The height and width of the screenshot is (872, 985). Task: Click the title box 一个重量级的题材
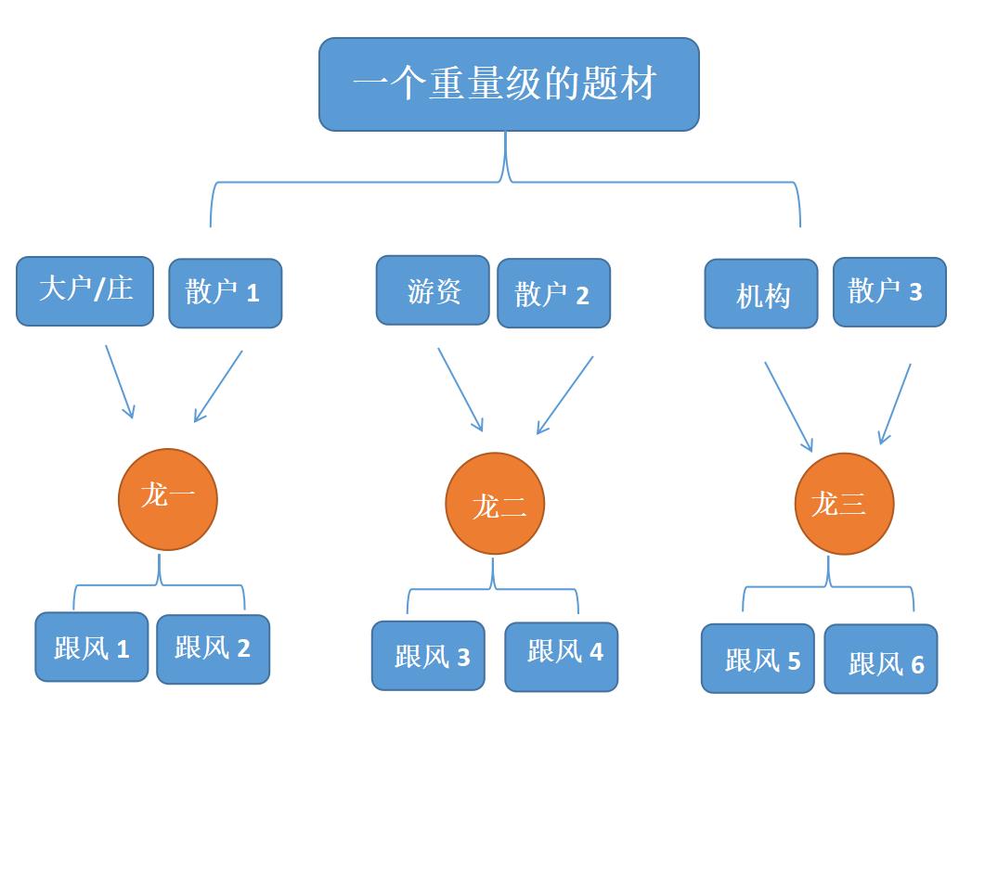tap(508, 84)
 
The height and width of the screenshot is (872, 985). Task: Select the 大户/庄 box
tap(84, 291)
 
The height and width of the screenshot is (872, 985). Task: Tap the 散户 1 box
tap(225, 293)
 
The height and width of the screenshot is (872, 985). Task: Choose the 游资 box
tap(432, 290)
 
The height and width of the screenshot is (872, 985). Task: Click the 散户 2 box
tap(553, 293)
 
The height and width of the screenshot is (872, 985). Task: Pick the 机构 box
tap(760, 294)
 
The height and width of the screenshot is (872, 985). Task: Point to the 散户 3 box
tap(888, 292)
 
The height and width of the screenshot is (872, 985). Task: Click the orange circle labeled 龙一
tap(167, 499)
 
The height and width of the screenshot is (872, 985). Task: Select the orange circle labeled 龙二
tap(494, 504)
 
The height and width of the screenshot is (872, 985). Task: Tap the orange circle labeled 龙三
tap(843, 504)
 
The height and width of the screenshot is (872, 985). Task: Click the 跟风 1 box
tap(91, 648)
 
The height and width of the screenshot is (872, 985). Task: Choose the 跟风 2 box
tap(213, 649)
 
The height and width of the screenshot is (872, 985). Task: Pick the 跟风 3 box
tap(428, 656)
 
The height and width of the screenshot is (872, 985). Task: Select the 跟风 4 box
tap(561, 657)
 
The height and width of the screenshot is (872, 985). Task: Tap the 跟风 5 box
tap(757, 659)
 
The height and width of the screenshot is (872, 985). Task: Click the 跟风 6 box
tap(880, 660)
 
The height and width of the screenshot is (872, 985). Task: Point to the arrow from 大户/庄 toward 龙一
tap(120, 381)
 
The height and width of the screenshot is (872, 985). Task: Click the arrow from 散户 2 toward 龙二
tap(564, 395)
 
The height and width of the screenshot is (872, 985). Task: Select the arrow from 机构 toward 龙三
tap(788, 406)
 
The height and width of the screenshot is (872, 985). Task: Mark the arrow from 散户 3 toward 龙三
tap(895, 404)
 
